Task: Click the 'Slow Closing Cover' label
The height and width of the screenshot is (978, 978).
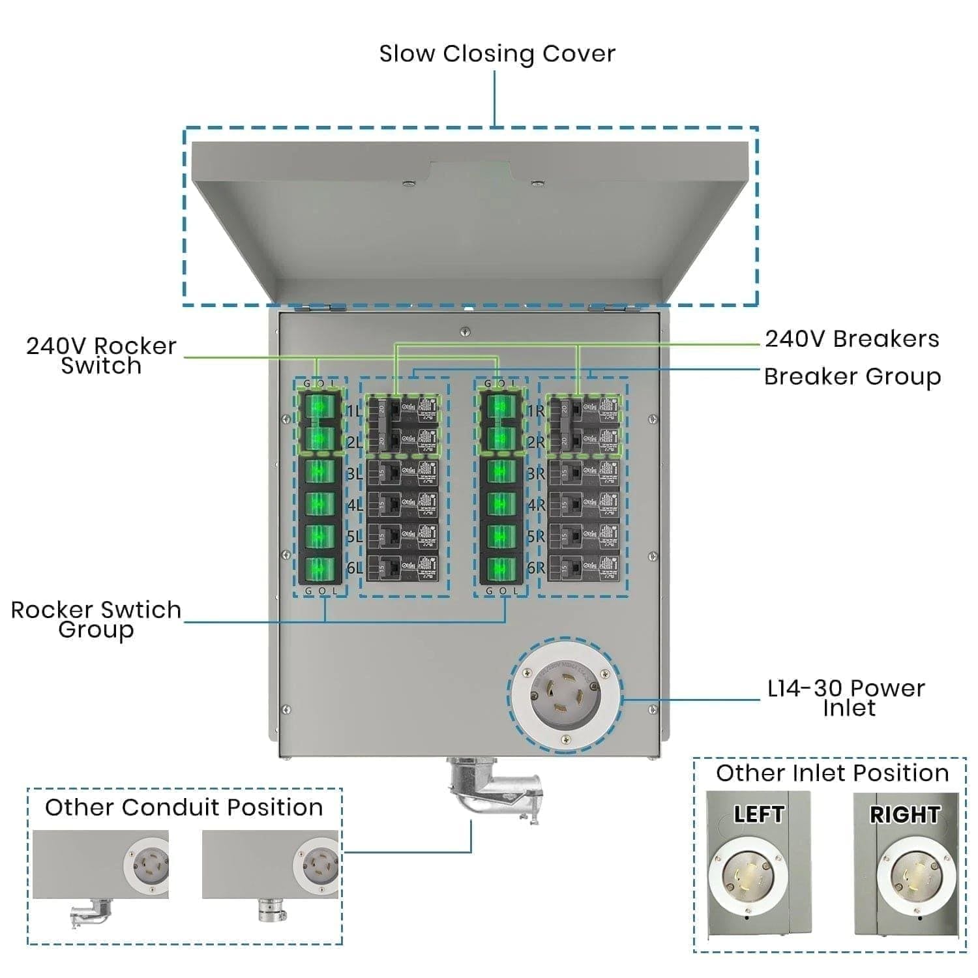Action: [x=497, y=53]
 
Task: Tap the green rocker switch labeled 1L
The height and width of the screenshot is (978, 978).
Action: [x=319, y=407]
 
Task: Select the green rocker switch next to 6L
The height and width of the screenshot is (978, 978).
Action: [x=319, y=568]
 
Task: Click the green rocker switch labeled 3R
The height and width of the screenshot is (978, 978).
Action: [x=501, y=471]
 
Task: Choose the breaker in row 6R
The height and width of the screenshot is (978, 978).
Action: [x=584, y=567]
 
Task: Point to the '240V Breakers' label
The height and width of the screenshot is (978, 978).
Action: [x=852, y=339]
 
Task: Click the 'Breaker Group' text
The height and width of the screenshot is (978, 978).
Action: [x=852, y=377]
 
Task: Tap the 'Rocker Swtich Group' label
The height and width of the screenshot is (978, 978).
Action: [x=96, y=619]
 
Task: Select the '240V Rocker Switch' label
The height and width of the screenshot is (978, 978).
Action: [x=101, y=355]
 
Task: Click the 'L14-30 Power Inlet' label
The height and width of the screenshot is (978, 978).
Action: [x=846, y=698]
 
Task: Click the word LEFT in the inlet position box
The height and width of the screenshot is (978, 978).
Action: [x=758, y=814]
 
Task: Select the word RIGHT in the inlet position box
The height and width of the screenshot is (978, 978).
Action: [x=904, y=814]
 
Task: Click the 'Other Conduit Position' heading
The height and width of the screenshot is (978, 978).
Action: [x=184, y=807]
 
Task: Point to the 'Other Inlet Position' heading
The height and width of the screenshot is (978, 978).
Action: [x=832, y=773]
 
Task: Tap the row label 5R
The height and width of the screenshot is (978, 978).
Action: [x=535, y=537]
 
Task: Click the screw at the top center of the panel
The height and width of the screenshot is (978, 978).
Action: [x=464, y=332]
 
